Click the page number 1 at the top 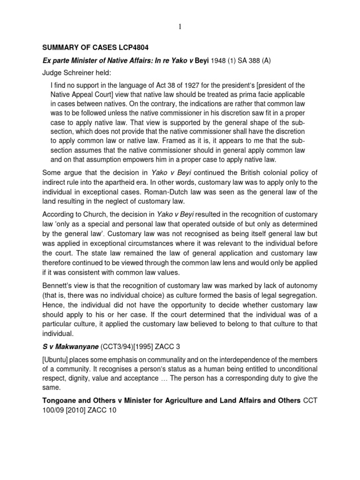[x=180, y=27]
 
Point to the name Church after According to [x=99, y=214]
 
